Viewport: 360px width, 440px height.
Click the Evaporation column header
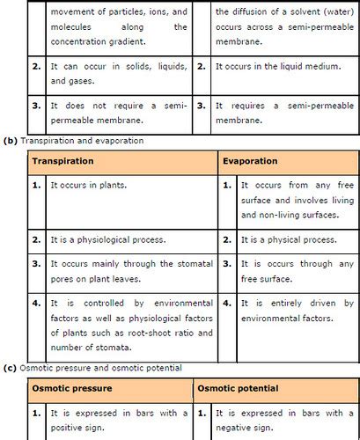tap(250, 162)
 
